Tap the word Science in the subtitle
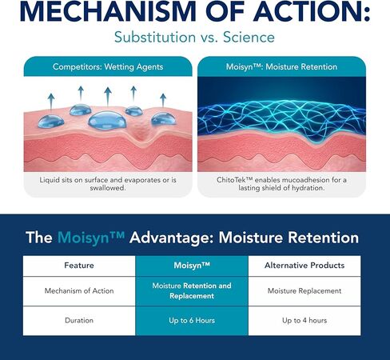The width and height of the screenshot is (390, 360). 249,37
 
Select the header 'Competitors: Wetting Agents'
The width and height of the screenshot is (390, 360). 108,66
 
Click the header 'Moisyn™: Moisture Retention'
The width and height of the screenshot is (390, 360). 281,66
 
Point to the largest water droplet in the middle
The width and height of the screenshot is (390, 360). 107,121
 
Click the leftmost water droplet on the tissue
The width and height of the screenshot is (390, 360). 51,122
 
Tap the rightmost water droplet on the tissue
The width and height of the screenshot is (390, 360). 164,119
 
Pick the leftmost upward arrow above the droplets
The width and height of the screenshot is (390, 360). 51,102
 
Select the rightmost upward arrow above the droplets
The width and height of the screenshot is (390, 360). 163,100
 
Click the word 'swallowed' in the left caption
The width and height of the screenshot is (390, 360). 107,188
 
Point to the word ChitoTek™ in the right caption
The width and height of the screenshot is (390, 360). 234,180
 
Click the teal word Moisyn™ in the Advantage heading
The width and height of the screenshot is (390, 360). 91,237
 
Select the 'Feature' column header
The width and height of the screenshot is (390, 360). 79,266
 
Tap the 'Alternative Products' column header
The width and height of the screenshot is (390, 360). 304,266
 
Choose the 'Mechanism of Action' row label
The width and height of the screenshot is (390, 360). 79,290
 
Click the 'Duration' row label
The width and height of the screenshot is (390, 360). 79,320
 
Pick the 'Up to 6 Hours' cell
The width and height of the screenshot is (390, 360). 192,320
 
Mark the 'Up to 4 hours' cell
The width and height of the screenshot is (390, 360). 304,320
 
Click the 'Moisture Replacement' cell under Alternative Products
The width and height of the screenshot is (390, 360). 304,290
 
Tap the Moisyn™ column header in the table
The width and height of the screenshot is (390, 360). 192,266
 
